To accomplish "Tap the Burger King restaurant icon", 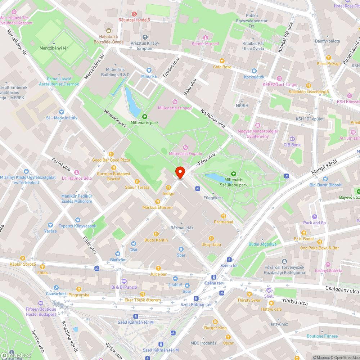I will pyautogui.click(x=215, y=321).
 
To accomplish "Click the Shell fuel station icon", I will pyautogui.click(x=269, y=290).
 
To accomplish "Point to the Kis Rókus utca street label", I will pyautogui.click(x=213, y=118).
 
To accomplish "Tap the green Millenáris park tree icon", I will pyautogui.click(x=144, y=116).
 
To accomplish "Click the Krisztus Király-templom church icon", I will pyautogui.click(x=145, y=37).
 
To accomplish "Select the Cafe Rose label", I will pyautogui.click(x=222, y=67).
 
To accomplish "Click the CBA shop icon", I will pyautogui.click(x=133, y=244).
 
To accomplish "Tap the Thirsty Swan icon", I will pyautogui.click(x=249, y=294).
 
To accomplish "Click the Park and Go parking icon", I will pyautogui.click(x=314, y=217).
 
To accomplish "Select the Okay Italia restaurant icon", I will pyautogui.click(x=211, y=238).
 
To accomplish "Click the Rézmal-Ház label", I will pyautogui.click(x=182, y=228).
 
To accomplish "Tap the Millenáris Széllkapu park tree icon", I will pyautogui.click(x=234, y=174).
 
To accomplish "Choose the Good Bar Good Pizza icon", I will pyautogui.click(x=111, y=154).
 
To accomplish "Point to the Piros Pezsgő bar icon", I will pyautogui.click(x=328, y=58).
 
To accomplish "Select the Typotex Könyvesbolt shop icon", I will pyautogui.click(x=78, y=220).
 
